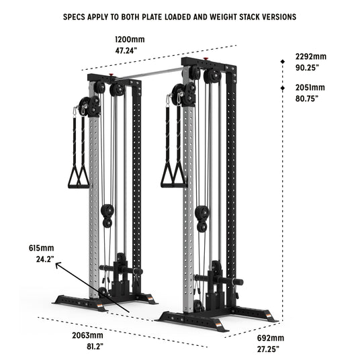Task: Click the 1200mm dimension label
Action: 130,39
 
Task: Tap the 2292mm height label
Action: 311,56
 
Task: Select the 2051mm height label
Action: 310,87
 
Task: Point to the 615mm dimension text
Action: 42,248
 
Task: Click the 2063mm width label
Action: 87,335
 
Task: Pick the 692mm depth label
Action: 271,338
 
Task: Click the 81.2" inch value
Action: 95,346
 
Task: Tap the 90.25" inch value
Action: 307,68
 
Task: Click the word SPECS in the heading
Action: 74,17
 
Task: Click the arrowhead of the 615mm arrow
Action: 58,265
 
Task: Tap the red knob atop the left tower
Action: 111,75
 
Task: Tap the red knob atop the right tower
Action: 206,58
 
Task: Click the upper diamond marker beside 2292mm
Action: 283,62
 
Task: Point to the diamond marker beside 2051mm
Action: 283,88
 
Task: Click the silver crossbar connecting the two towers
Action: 149,74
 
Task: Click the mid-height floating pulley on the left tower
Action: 107,216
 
